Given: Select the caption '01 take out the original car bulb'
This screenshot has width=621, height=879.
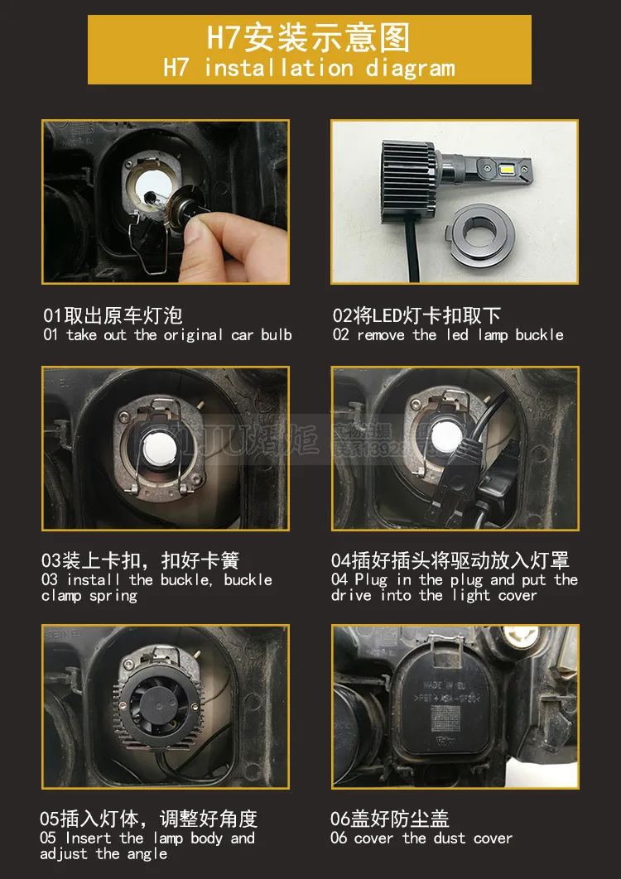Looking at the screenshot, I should (167, 335).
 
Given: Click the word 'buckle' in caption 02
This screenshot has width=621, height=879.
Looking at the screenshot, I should (539, 335).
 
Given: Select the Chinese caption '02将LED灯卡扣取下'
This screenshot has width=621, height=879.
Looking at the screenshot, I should (416, 315).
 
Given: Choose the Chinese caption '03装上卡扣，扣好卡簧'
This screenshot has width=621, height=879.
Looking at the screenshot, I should (140, 560).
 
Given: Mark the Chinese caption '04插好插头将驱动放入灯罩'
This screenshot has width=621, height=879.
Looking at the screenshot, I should (450, 560).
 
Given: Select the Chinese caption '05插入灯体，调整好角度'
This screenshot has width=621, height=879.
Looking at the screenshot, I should (149, 819).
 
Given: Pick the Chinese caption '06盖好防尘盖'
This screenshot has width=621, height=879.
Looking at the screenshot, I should (390, 819).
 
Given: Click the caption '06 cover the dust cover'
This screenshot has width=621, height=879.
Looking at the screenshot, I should (421, 838).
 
